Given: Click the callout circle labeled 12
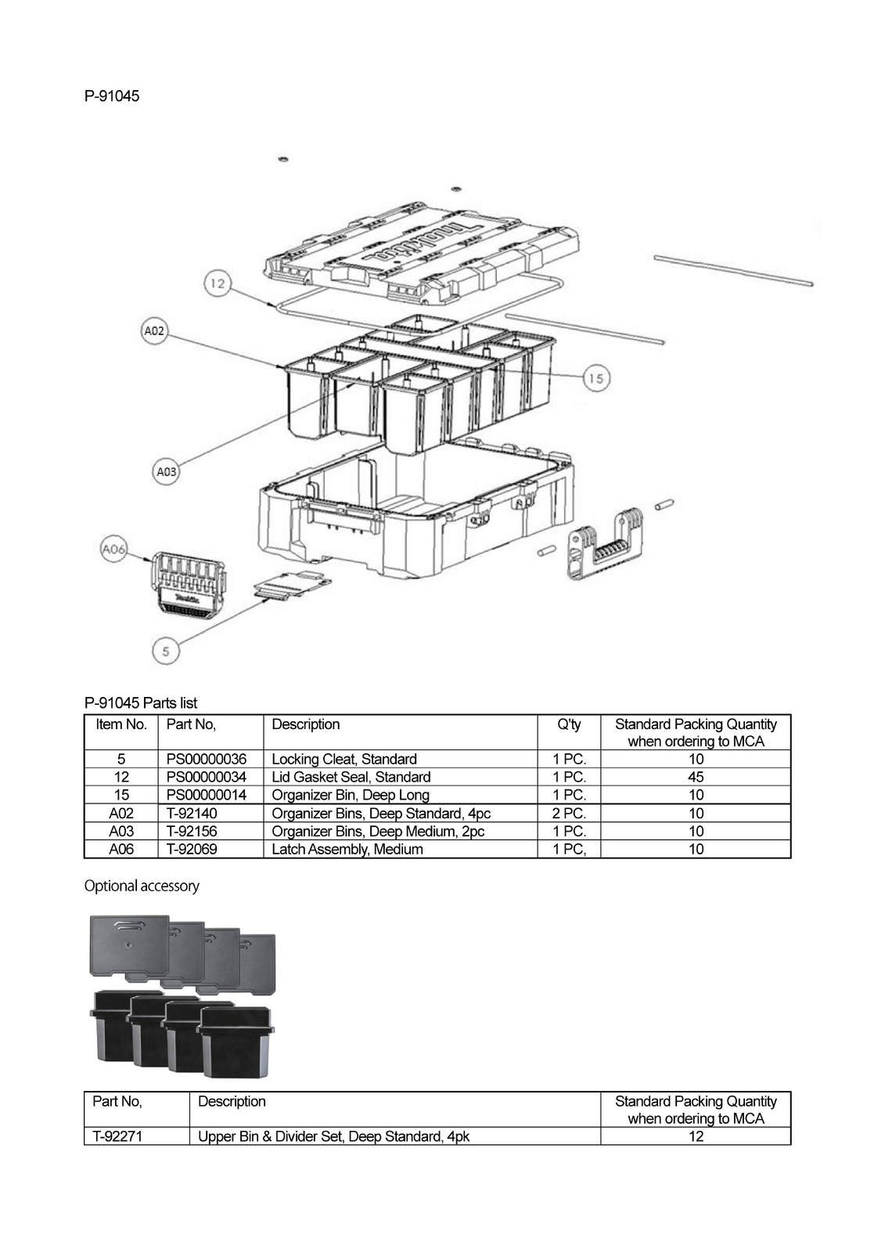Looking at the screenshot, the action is [218, 284].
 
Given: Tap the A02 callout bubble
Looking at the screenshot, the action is [154, 330].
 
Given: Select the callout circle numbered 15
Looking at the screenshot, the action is [596, 378].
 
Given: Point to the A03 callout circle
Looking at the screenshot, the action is [166, 471].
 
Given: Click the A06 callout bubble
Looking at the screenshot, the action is [113, 549].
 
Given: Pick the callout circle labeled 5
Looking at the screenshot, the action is [166, 651].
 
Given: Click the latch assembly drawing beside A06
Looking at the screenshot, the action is [189, 586].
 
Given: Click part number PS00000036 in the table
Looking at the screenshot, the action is [207, 759].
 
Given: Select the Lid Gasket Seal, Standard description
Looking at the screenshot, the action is [351, 777].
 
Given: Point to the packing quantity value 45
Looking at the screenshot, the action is [696, 777].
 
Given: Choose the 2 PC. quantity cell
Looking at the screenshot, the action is [569, 814].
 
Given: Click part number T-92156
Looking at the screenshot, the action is [192, 831].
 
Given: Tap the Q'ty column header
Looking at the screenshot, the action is [569, 724].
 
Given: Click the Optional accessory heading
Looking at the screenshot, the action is [142, 886].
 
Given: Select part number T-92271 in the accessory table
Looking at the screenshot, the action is [117, 1136].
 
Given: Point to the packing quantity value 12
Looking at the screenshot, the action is [696, 1136].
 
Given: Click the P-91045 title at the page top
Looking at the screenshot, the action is [112, 96].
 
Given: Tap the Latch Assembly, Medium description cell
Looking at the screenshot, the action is [347, 849].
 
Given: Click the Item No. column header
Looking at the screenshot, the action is [121, 724].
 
